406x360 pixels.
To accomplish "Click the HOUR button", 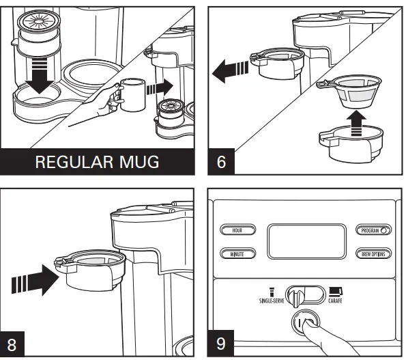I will pyautogui.click(x=236, y=230).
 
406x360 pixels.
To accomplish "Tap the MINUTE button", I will pyautogui.click(x=236, y=254).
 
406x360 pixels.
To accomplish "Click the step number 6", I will pyautogui.click(x=221, y=165).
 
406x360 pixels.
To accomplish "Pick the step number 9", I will pyautogui.click(x=221, y=344).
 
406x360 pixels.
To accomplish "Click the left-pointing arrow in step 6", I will pyautogui.click(x=229, y=68).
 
